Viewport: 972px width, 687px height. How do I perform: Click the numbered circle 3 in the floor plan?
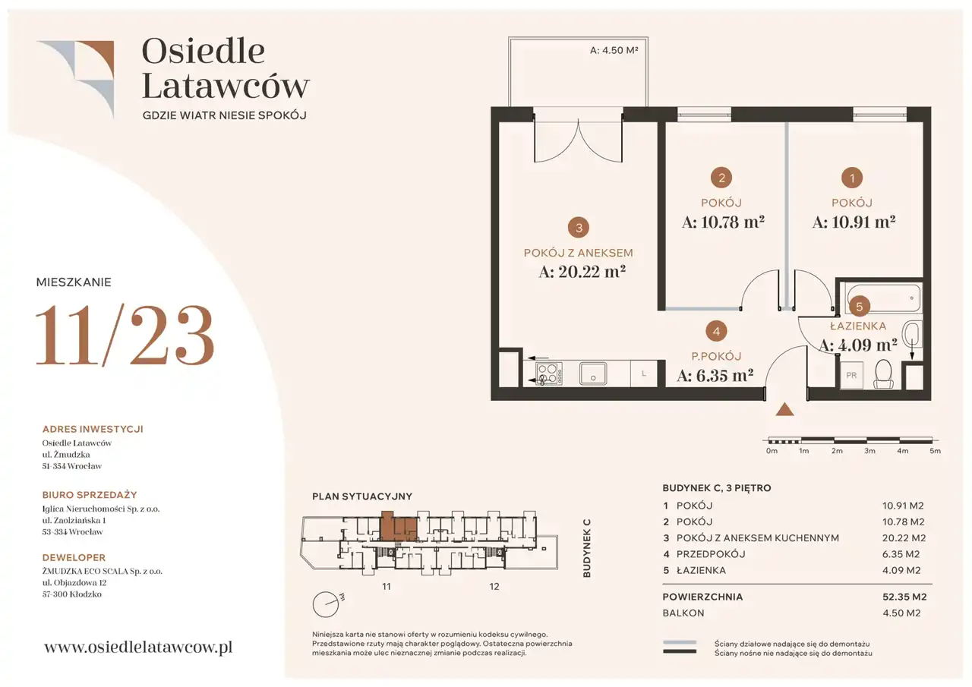(579, 228)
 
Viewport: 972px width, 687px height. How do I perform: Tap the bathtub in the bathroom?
(885, 298)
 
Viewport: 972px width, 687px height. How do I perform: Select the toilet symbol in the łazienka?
(883, 373)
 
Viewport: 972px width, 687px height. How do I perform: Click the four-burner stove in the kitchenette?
(549, 373)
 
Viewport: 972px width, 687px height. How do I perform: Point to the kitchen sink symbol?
(593, 373)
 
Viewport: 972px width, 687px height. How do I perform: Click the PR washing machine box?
(851, 375)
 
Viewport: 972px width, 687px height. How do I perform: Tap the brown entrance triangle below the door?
(784, 409)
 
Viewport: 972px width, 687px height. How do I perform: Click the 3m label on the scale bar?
(869, 451)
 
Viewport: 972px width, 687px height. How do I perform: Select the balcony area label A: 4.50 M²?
(614, 50)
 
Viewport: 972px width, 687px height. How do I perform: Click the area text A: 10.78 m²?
(723, 222)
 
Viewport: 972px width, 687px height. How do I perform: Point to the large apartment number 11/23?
(125, 335)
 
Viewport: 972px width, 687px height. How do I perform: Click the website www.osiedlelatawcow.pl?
(138, 647)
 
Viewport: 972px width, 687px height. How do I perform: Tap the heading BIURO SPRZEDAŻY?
(90, 495)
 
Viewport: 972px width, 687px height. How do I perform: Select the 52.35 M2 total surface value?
(904, 597)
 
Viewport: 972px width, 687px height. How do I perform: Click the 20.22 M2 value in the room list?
(904, 538)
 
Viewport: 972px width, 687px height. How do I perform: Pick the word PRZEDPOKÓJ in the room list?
(711, 554)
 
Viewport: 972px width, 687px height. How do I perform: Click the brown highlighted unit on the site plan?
(399, 527)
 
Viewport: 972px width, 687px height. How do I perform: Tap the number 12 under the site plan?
(494, 587)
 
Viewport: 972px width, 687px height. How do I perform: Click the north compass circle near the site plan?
(326, 604)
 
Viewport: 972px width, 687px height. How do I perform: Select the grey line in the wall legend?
(680, 642)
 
